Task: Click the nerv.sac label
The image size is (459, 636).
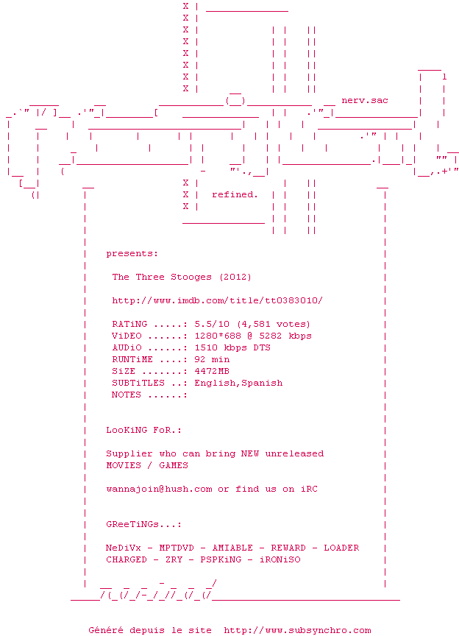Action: [x=365, y=100]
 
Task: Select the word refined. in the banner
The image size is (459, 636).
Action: [x=235, y=194]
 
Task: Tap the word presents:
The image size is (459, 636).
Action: [x=132, y=253]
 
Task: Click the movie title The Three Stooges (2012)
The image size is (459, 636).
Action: [x=181, y=277]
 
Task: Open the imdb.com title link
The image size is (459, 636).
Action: [x=217, y=300]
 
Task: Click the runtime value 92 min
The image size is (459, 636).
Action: [x=212, y=359]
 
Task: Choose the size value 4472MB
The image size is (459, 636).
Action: [x=212, y=371]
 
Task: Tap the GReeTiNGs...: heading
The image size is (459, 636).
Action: [x=143, y=524]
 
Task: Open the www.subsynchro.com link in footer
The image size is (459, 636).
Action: [x=297, y=630]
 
